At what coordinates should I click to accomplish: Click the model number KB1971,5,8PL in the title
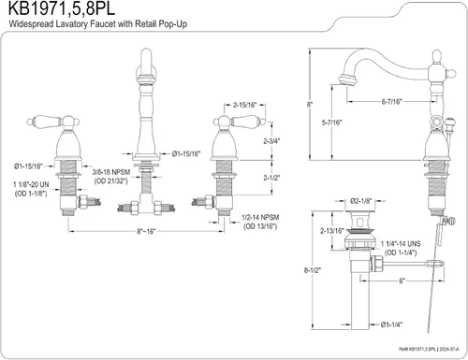62,8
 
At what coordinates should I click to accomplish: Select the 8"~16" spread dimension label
146,231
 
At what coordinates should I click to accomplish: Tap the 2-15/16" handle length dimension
244,105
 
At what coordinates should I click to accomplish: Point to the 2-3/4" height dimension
271,141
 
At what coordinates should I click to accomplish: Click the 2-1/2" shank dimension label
271,178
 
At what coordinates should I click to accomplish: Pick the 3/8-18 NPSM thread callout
111,172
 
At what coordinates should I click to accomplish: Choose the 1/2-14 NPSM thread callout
260,217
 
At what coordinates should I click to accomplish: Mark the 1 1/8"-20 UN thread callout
31,184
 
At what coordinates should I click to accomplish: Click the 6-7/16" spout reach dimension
392,102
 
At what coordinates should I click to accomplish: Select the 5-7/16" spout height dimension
332,122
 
